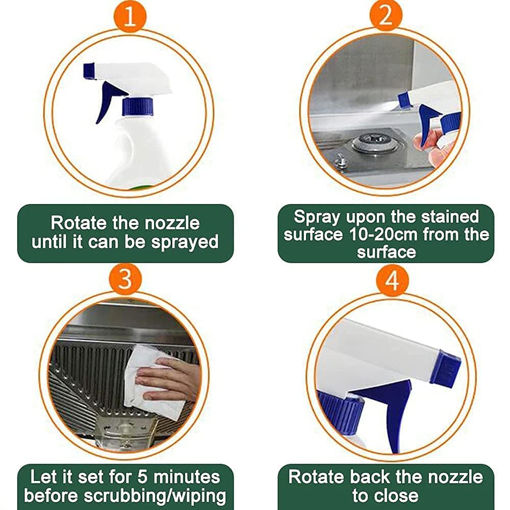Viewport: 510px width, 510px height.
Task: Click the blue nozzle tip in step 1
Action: pyautogui.click(x=89, y=70)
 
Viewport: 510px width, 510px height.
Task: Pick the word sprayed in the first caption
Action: pyautogui.click(x=185, y=242)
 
